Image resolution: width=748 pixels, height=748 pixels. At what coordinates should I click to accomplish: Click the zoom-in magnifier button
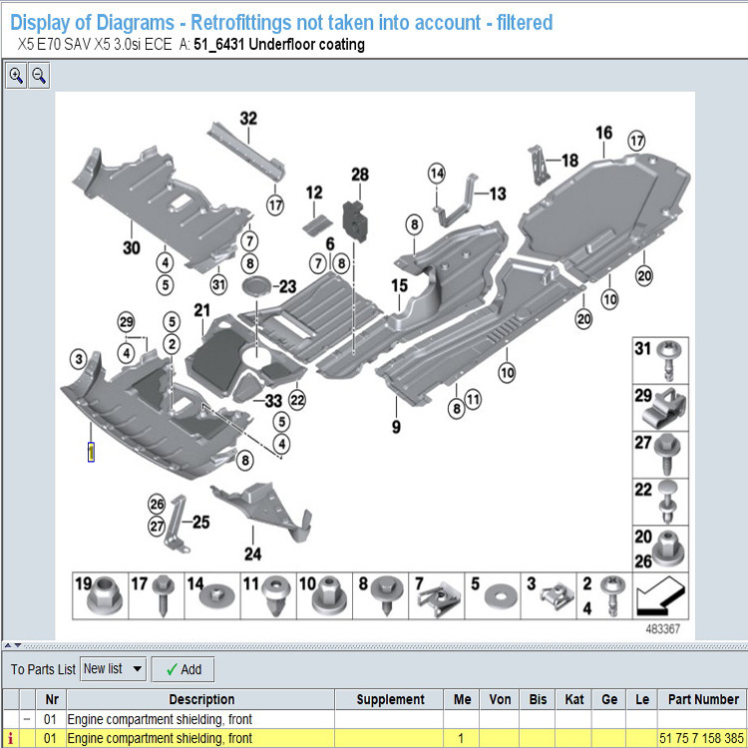[16, 76]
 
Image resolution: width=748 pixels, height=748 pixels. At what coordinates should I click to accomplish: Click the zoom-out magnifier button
[39, 76]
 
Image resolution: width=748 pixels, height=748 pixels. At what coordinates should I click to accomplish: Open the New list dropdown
[113, 669]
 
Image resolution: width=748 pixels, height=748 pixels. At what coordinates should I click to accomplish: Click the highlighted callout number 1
[91, 452]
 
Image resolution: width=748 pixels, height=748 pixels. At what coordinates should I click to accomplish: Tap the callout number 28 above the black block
[360, 175]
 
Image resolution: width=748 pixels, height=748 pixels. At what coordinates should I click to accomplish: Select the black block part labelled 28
[355, 220]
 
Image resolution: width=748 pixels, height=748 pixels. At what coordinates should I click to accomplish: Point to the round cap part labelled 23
[256, 286]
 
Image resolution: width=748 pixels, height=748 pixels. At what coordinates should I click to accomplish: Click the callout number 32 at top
[248, 119]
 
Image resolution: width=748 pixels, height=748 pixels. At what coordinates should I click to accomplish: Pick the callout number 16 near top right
[604, 133]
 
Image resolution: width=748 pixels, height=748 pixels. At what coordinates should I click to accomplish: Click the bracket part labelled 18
[539, 165]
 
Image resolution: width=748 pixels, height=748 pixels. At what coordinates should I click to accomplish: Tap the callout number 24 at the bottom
[253, 554]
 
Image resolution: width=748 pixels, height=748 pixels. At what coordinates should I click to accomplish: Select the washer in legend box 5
[500, 596]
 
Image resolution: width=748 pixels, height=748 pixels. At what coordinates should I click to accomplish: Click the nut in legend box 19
[105, 596]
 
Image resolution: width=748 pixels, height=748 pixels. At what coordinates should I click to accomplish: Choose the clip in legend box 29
[665, 408]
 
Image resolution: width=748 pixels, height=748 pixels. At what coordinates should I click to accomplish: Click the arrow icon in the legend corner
[660, 595]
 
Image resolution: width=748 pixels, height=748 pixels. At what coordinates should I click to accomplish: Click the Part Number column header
[703, 699]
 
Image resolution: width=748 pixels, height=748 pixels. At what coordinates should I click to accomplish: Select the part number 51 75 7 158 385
[701, 738]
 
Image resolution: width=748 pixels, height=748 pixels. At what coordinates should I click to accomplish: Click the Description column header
[201, 699]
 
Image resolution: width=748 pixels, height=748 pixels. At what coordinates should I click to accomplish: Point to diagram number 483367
[662, 628]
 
